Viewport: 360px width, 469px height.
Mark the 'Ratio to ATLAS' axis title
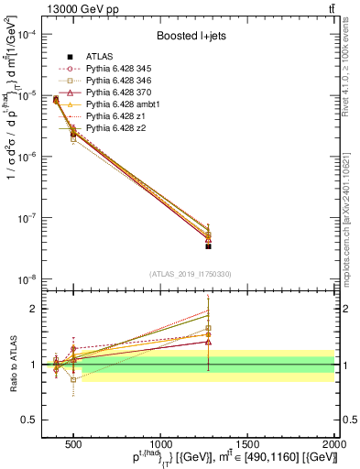click(x=13, y=364)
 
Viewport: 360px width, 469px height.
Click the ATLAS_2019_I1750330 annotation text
click(x=191, y=273)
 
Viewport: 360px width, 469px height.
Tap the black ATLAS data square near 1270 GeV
click(x=208, y=246)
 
